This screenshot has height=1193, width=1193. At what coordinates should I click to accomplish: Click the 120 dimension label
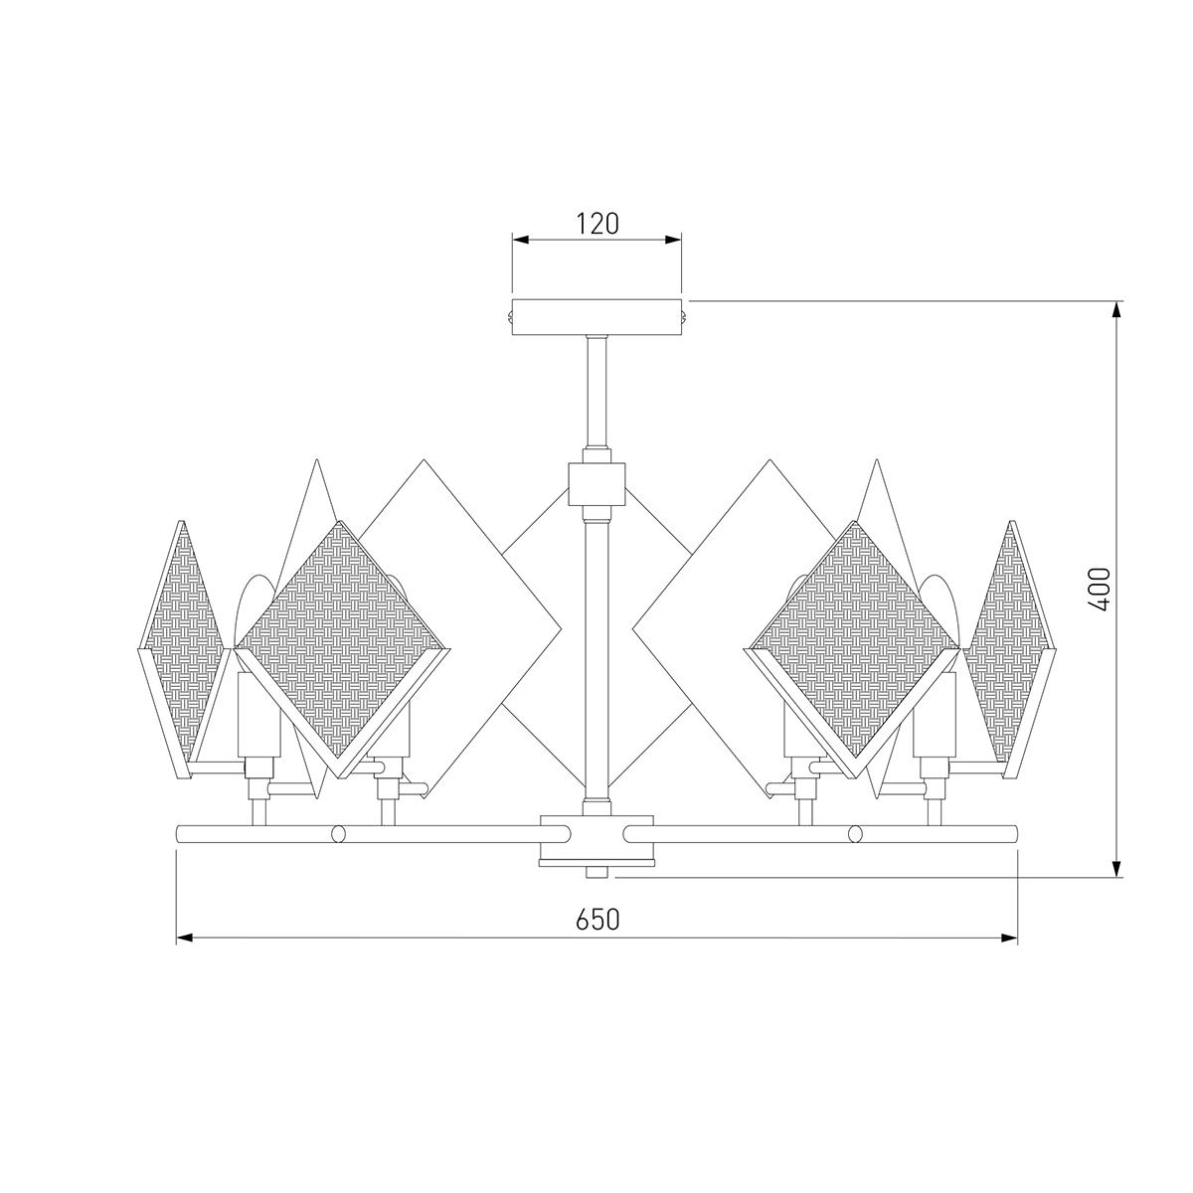click(x=597, y=224)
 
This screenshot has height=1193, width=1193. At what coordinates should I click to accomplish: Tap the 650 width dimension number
click(x=597, y=937)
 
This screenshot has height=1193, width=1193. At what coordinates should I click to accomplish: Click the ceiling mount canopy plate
click(x=596, y=317)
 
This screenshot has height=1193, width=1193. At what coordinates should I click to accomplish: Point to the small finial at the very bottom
click(x=596, y=872)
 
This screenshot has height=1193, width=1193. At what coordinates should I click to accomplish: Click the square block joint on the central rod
click(x=596, y=483)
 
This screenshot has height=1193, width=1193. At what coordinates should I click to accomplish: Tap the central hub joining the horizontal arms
click(x=596, y=840)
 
